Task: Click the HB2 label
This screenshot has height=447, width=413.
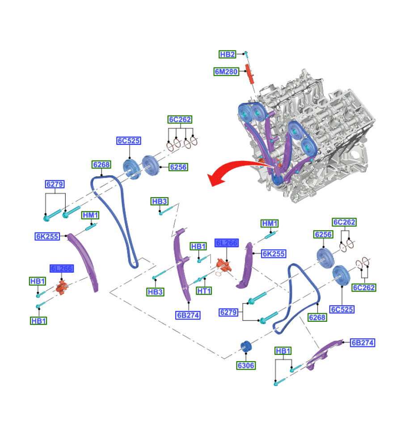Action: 227,55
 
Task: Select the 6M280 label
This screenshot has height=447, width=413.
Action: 226,71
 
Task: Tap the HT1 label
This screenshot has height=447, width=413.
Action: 204,291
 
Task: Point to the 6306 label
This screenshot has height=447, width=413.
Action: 246,365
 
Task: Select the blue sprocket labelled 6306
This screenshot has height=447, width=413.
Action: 245,347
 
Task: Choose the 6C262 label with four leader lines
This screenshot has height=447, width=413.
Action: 180,119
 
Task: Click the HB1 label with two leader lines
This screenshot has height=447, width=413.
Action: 283,351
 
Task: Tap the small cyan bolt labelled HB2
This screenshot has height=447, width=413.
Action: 246,55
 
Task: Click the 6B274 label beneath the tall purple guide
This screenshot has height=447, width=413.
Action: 188,315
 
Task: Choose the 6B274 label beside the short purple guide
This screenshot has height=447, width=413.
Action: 362,343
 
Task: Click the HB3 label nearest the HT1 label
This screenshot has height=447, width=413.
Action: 156,292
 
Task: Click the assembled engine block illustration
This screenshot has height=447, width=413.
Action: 313,134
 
